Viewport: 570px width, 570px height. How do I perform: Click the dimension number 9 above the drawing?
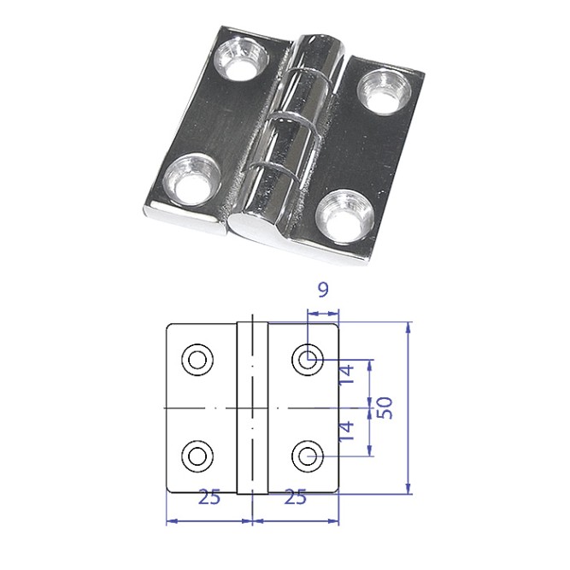pos(323,290)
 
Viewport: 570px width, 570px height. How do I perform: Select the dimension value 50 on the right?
pos(385,408)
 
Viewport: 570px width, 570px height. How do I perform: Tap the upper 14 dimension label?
pos(346,374)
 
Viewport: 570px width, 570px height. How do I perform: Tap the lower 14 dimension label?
pos(346,432)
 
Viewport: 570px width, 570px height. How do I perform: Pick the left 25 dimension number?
pos(209,497)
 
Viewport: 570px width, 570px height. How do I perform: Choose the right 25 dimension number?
pos(296,497)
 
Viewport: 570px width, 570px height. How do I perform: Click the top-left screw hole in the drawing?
pos(197,360)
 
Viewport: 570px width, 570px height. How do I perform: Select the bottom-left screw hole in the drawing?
pos(197,455)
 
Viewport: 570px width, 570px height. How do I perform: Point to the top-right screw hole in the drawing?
pos(308,360)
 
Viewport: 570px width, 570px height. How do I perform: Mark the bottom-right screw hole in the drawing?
pos(308,455)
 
